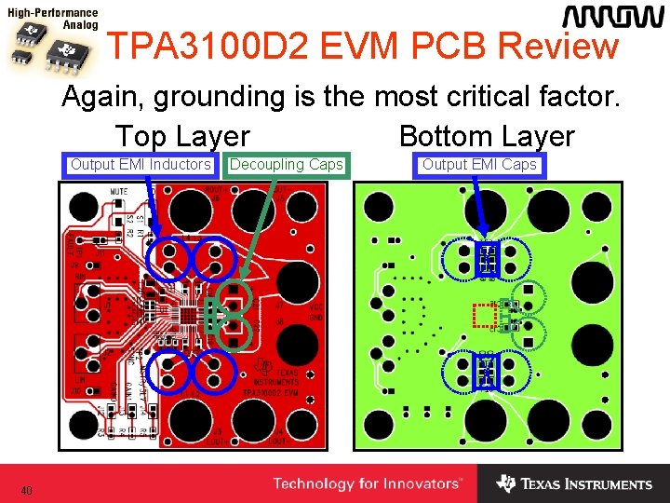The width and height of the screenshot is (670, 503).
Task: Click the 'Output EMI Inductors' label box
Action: click(x=141, y=165)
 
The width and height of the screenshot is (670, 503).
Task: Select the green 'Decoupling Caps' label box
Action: click(x=286, y=165)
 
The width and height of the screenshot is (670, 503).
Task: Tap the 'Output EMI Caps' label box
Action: click(x=479, y=165)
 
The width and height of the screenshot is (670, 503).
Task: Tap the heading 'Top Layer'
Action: click(x=182, y=136)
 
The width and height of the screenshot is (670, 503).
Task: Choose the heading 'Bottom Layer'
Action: click(x=487, y=136)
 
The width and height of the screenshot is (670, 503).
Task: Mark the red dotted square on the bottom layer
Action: click(x=484, y=316)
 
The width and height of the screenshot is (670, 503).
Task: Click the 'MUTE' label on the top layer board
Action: click(x=119, y=191)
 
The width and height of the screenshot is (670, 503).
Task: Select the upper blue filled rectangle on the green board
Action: click(x=487, y=259)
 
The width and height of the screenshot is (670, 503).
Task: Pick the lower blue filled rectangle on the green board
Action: click(x=487, y=371)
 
